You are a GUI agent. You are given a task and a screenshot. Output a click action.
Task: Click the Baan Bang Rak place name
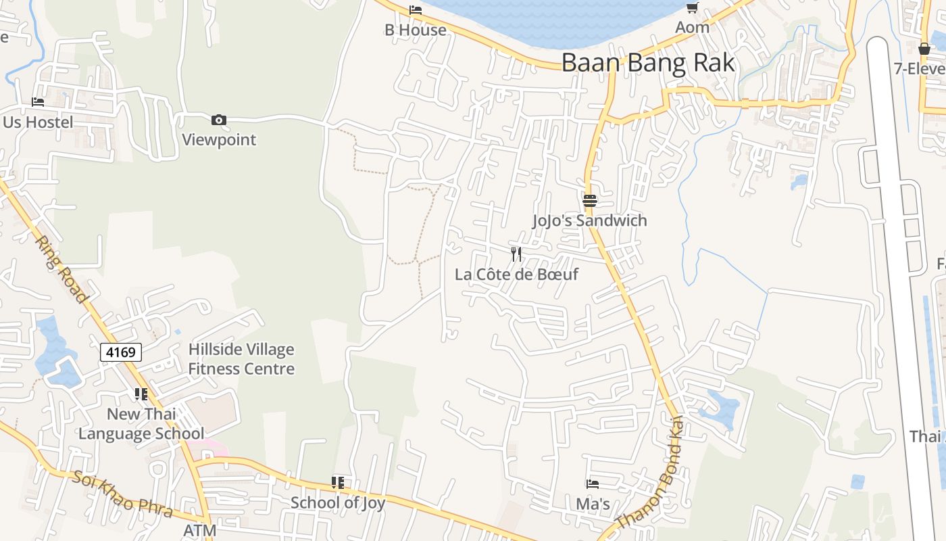pos(647,63)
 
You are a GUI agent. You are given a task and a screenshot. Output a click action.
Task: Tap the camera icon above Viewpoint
pos(218,120)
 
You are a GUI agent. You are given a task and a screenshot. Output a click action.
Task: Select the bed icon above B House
pos(416,9)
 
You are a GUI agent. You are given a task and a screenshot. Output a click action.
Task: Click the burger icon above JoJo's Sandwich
pos(589,200)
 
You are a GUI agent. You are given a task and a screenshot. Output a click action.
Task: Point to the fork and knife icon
pos(516,254)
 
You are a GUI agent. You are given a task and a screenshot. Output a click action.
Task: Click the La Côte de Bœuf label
pos(516,275)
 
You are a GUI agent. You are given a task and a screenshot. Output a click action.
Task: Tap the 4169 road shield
pos(121,352)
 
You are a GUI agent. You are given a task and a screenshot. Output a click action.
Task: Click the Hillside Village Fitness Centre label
pos(241,359)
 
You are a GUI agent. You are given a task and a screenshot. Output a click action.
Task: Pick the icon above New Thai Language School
pos(141,394)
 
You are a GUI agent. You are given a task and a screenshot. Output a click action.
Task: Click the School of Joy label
pos(337,502)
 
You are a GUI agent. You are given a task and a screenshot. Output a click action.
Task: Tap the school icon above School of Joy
pos(337,482)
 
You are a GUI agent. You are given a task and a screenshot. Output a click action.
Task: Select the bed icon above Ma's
pos(593,484)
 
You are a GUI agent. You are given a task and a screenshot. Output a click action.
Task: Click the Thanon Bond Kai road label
pos(650,474)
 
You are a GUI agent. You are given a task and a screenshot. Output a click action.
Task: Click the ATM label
pos(199,531)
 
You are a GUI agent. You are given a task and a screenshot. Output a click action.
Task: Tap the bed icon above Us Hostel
pos(38,102)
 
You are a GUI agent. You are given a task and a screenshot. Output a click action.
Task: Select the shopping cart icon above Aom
pos(692,7)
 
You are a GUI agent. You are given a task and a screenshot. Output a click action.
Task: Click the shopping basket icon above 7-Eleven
pos(924,49)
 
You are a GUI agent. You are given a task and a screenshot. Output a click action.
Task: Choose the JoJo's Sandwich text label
pos(589,220)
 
